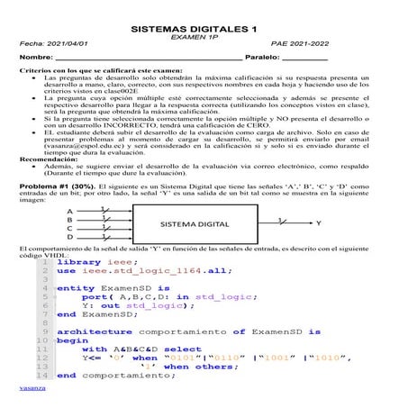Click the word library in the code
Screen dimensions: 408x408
tap(81, 261)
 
